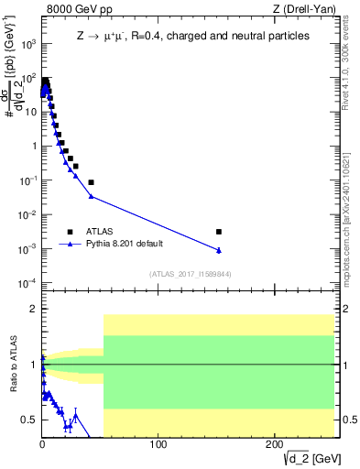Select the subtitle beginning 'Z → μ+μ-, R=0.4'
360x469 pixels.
192,36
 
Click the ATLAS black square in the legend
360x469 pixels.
70,232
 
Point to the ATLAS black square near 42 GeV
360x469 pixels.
91,182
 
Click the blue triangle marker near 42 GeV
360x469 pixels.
91,196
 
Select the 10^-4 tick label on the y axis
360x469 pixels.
29,282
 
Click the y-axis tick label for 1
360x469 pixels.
34,146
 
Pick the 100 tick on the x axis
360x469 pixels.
158,444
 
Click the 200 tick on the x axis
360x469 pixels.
274,444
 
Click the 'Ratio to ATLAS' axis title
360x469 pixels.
12,364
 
